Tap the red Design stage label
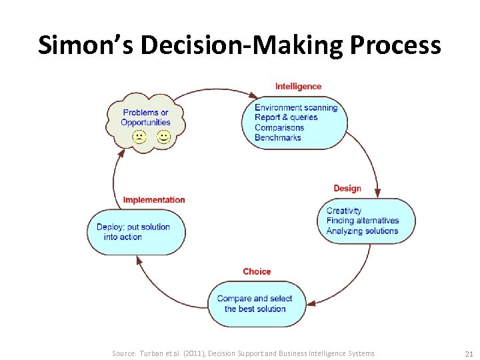[347, 189]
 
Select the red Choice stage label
[257, 271]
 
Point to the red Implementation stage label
[154, 200]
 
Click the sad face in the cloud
[139, 137]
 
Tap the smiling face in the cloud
[163, 137]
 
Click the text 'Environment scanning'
[296, 107]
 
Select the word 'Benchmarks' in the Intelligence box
[277, 137]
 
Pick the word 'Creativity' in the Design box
[344, 211]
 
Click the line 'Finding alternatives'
[363, 221]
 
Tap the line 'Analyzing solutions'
[362, 231]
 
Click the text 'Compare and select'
[255, 299]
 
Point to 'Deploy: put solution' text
[133, 227]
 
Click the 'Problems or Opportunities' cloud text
[146, 117]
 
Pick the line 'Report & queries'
[286, 117]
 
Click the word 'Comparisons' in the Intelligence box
[279, 127]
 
